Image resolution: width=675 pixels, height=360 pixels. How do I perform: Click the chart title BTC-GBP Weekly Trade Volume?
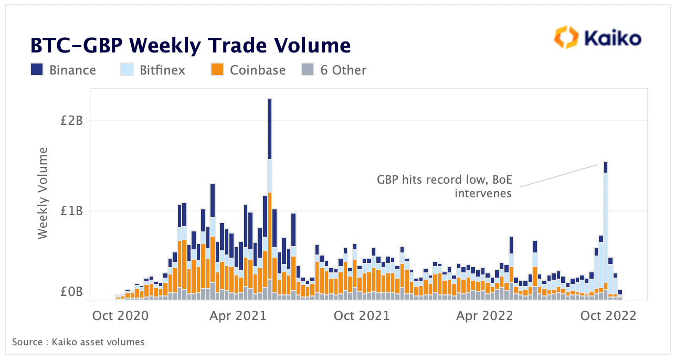(190, 46)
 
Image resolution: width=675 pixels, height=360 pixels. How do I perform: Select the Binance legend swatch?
(37, 70)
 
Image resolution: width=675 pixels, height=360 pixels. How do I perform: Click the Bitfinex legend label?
(162, 70)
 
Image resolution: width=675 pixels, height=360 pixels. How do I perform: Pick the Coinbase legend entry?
(257, 70)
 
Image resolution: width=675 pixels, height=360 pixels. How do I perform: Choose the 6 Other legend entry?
(343, 70)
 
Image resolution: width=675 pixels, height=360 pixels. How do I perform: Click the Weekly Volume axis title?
(43, 193)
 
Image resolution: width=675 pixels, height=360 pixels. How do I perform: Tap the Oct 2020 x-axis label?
(120, 316)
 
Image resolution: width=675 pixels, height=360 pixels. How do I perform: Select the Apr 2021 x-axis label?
(239, 316)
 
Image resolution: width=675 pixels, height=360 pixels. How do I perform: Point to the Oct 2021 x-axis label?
(362, 316)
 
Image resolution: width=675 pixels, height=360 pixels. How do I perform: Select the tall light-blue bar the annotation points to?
(606, 231)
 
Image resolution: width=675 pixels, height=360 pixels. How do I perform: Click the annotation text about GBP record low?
(444, 187)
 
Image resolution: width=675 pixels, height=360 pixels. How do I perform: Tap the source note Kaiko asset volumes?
(78, 342)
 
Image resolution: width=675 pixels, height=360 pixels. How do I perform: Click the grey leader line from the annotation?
(559, 175)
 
